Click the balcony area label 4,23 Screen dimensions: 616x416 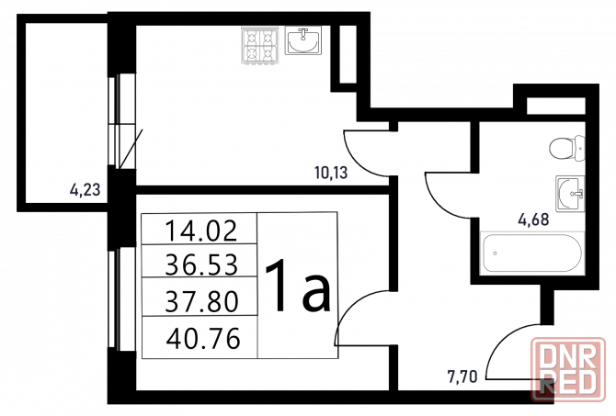[x=85, y=189]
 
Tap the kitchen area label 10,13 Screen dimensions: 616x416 [x=331, y=173]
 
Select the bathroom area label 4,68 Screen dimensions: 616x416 [x=533, y=219]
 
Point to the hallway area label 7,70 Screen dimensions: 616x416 [x=462, y=377]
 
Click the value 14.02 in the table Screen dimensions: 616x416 [x=201, y=230]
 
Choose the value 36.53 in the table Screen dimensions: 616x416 [x=201, y=264]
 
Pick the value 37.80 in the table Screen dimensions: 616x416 [x=202, y=301]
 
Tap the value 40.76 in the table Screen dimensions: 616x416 [x=203, y=338]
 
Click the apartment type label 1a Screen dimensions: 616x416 [x=298, y=286]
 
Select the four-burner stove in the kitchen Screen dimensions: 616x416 [x=259, y=46]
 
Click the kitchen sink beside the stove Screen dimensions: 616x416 [x=302, y=40]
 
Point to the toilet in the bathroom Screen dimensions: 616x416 [x=567, y=148]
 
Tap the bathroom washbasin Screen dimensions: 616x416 [x=570, y=194]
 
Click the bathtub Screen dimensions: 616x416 [x=532, y=253]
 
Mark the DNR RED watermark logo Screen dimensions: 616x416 [x=568, y=369]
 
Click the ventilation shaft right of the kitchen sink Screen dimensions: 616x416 [x=348, y=54]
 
